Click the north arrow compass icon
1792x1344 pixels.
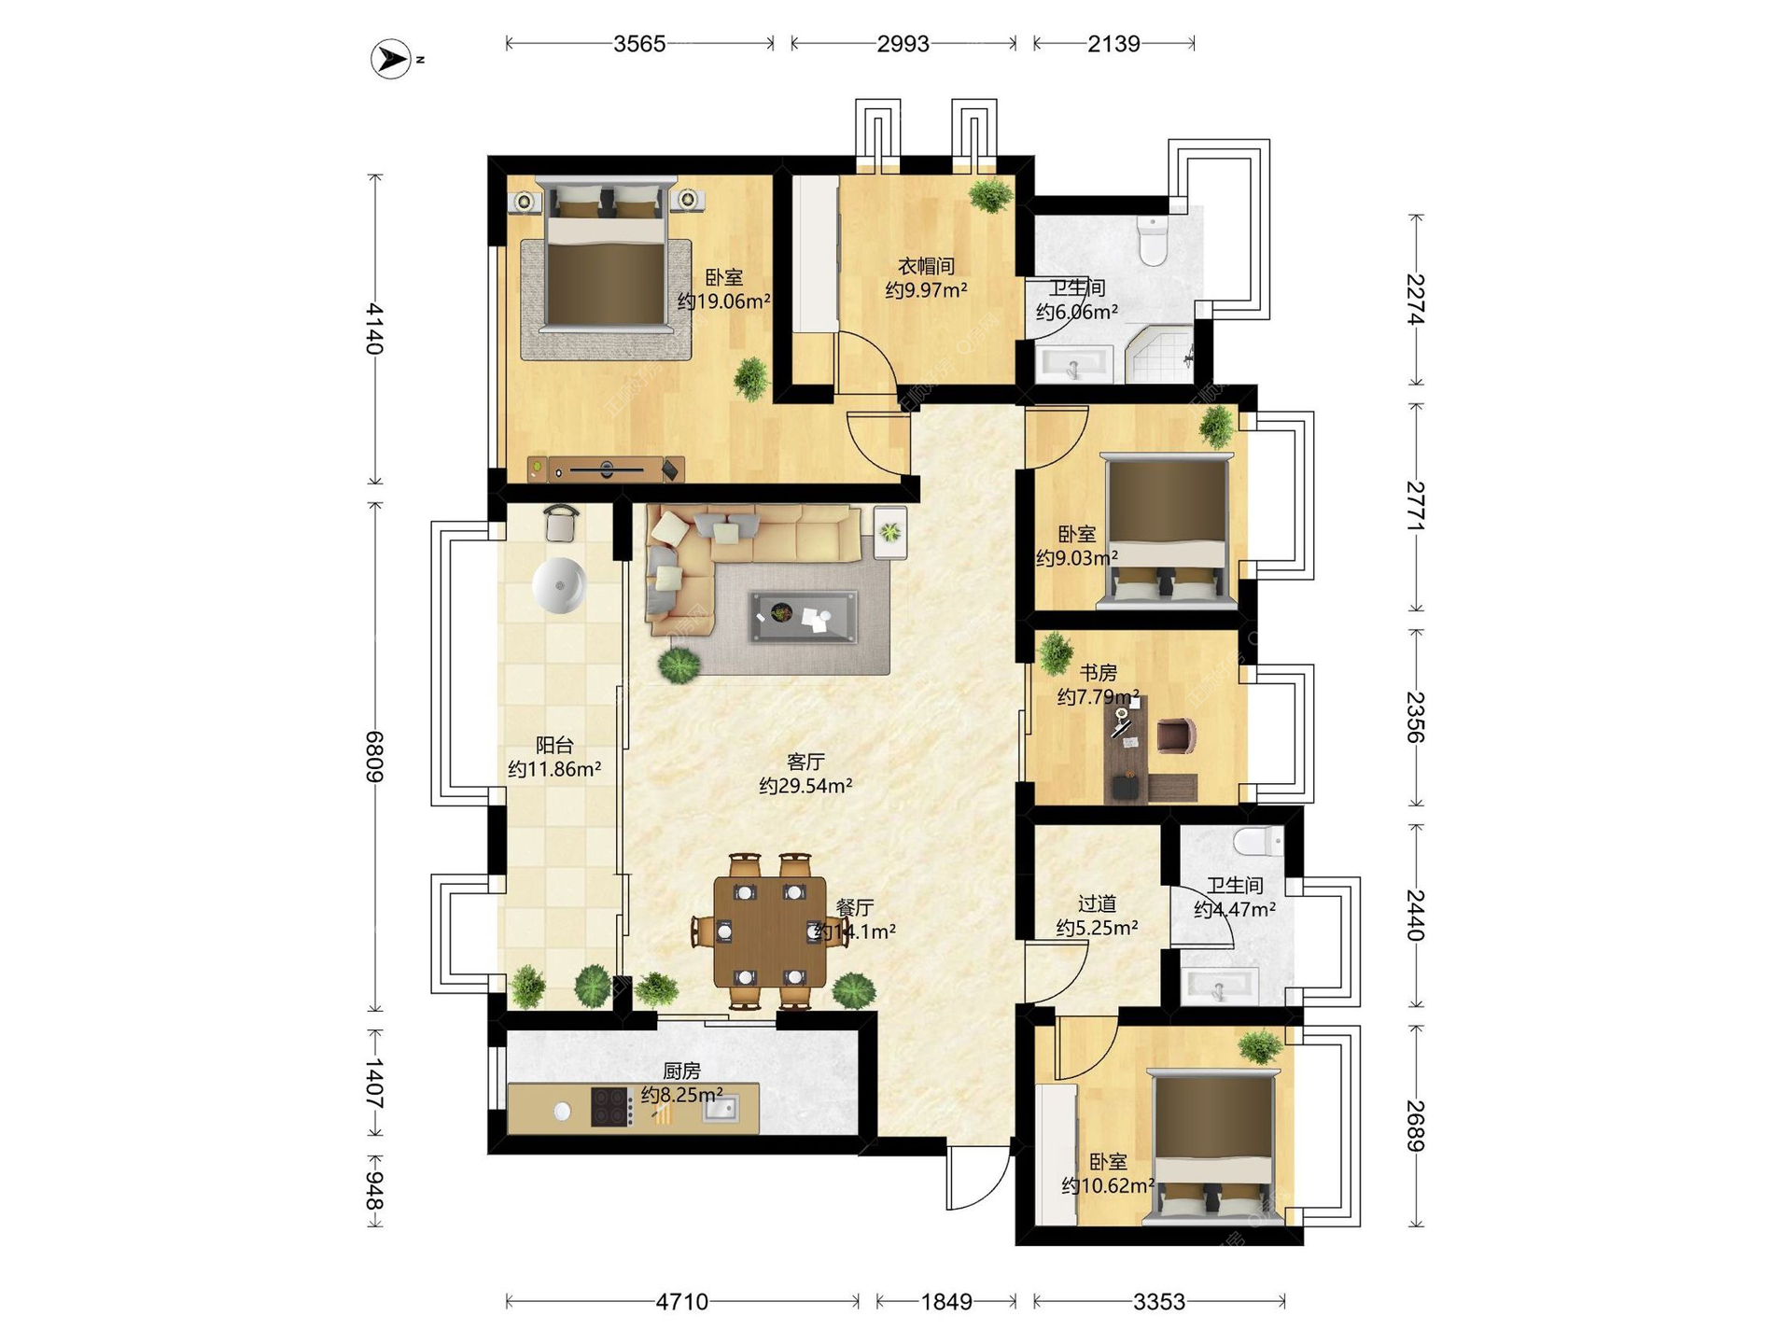click(x=391, y=59)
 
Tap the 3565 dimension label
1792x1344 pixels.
click(x=639, y=44)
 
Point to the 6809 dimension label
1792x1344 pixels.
click(x=374, y=756)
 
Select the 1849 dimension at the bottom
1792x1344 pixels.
click(x=946, y=1301)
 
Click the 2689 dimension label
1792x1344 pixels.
click(x=1416, y=1126)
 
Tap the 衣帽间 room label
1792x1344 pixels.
click(x=926, y=266)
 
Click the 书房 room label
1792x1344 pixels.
click(x=1099, y=672)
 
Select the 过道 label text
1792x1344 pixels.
click(x=1097, y=903)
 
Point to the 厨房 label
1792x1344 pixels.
click(x=681, y=1071)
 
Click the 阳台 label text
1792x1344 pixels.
click(x=554, y=745)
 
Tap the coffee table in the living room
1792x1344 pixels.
click(x=803, y=616)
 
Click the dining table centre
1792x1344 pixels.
click(x=770, y=931)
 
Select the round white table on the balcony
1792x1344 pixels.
click(x=559, y=585)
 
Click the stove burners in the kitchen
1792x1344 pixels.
click(x=610, y=1107)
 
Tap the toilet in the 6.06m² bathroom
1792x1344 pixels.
click(x=1154, y=241)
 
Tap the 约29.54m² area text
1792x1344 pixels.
click(x=805, y=786)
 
